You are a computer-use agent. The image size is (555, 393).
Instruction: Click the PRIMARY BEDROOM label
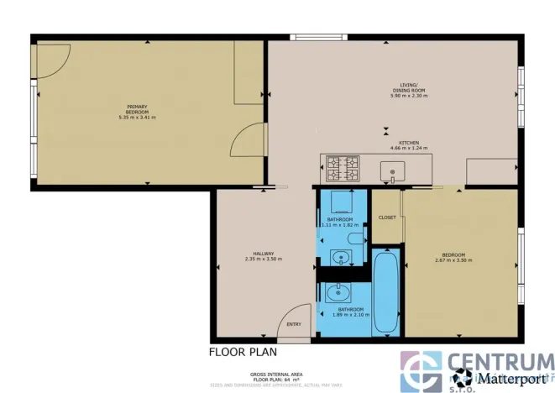pos(138,108)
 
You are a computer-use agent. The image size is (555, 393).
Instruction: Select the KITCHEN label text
pos(409,143)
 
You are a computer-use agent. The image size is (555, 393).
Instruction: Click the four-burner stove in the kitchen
pos(343,167)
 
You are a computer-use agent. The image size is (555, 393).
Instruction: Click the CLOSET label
pos(386,217)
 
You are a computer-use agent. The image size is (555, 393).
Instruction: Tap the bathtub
pos(385,292)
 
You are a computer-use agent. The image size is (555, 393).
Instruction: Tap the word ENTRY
pos(294,325)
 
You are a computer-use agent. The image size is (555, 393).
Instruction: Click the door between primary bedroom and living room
pos(249,139)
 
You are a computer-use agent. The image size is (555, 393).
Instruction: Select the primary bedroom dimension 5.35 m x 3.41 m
pos(138,117)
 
